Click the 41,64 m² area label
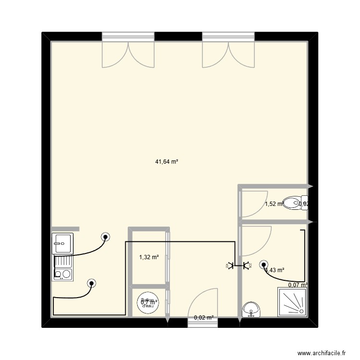[x=167, y=162]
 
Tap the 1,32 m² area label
[x=149, y=257]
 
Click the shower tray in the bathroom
[x=292, y=302]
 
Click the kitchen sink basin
[x=62, y=243]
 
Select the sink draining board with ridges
[x=63, y=262]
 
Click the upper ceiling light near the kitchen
[x=106, y=236]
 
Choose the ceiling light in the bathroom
[x=263, y=264]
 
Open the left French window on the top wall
[x=128, y=53]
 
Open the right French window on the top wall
[x=228, y=53]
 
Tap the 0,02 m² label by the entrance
[x=204, y=317]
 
